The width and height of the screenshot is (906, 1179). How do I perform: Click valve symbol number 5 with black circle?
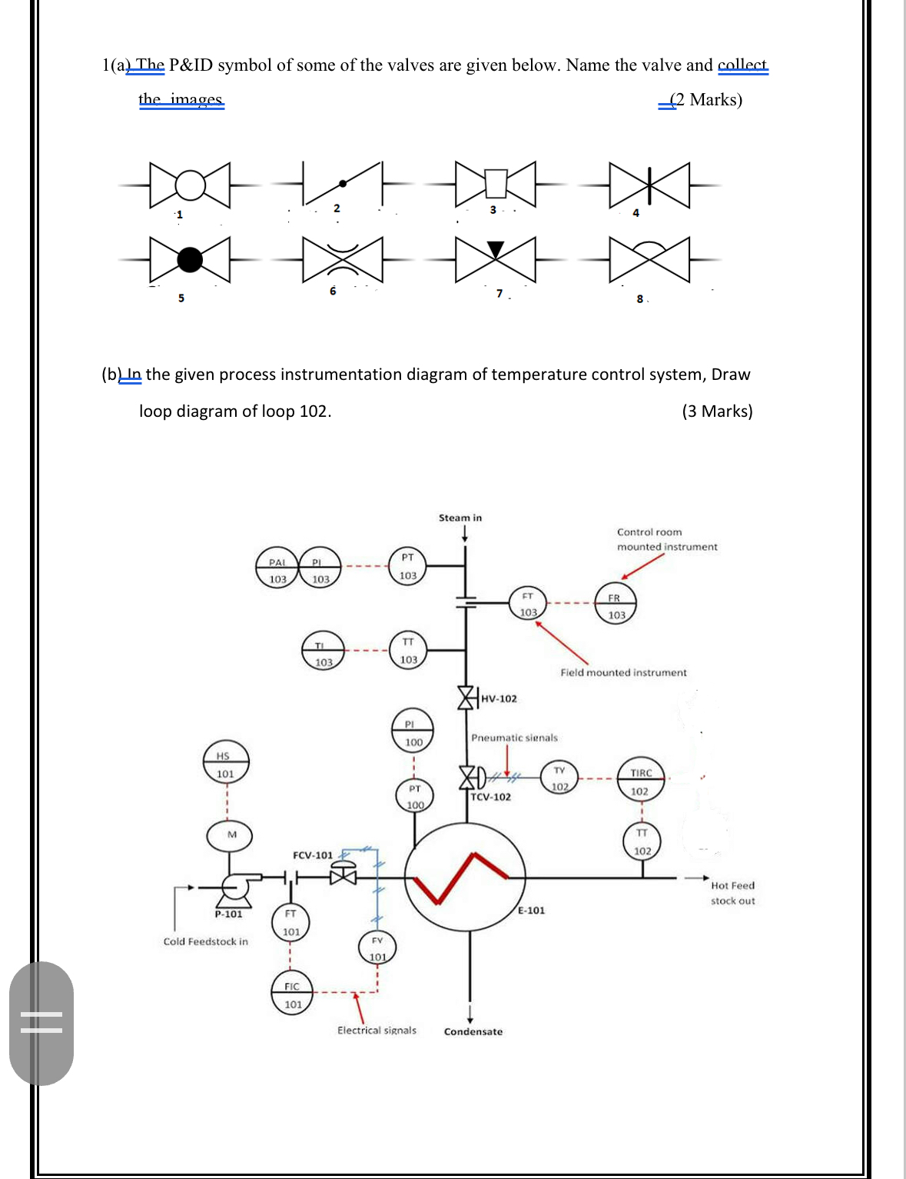click(x=190, y=260)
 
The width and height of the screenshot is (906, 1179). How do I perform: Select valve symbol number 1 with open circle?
click(x=190, y=185)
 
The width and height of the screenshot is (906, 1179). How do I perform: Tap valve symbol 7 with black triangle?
click(x=496, y=259)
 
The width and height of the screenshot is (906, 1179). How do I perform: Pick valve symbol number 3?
click(x=496, y=185)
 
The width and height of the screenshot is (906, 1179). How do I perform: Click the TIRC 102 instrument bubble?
click(x=640, y=782)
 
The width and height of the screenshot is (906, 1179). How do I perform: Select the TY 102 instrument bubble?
click(x=559, y=778)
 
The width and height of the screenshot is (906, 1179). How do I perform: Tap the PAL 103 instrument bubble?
click(x=277, y=571)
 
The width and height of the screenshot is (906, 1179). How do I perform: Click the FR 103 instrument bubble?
click(x=616, y=606)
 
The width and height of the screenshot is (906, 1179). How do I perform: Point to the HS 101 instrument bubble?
click(x=225, y=764)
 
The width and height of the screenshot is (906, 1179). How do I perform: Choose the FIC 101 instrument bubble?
click(x=293, y=995)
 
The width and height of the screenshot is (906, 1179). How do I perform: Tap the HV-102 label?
click(x=499, y=698)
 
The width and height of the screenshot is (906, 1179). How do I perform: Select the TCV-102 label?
click(x=491, y=797)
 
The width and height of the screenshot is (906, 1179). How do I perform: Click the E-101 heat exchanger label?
click(x=531, y=910)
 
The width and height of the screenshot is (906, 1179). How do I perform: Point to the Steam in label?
click(x=460, y=518)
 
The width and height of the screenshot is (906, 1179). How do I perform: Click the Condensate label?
click(x=473, y=1031)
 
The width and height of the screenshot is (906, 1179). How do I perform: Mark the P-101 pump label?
click(x=228, y=914)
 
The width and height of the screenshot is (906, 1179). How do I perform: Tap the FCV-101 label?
click(x=313, y=854)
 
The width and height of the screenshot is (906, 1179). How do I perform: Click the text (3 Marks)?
click(x=717, y=411)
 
